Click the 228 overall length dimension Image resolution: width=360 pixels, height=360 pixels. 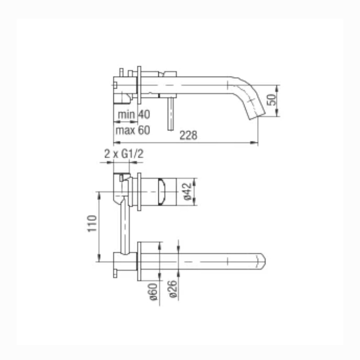[x=188, y=135]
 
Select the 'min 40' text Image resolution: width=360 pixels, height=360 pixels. [x=134, y=114]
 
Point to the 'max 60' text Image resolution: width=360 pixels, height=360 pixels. [x=133, y=130]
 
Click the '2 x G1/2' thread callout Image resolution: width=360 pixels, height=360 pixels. [x=124, y=154]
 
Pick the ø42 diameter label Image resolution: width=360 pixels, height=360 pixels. [x=188, y=191]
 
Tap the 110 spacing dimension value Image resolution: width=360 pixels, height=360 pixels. [x=93, y=224]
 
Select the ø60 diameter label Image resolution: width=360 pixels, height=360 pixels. [x=153, y=292]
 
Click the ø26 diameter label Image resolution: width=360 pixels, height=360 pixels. [x=174, y=289]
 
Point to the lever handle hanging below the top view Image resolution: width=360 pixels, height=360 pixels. [x=171, y=114]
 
